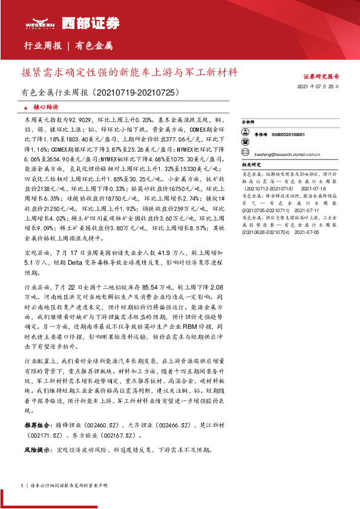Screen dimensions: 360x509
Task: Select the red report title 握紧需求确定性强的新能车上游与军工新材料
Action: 129,72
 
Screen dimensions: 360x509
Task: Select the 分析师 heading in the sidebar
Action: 247,122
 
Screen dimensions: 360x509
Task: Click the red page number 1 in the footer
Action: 22,485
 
